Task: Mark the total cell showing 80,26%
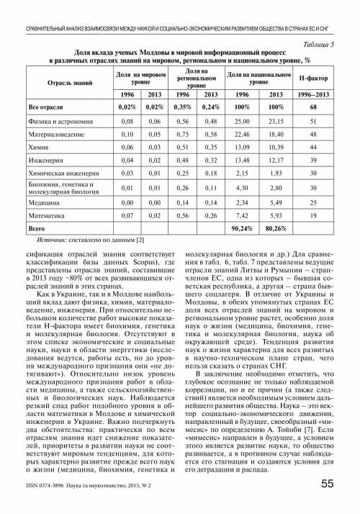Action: [x=276, y=228]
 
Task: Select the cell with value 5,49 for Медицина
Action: [x=276, y=204]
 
